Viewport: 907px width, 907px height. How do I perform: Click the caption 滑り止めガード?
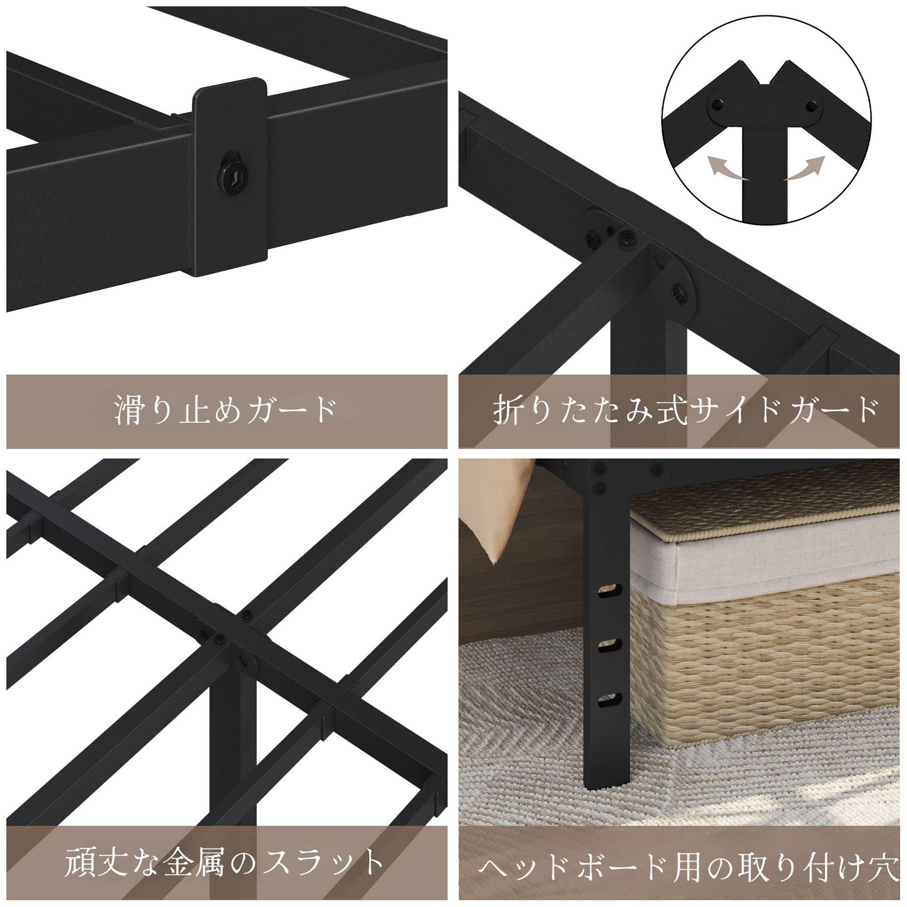[x=226, y=409]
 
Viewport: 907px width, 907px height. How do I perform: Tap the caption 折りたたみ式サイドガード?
[x=685, y=409]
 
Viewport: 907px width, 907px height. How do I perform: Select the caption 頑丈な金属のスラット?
[x=225, y=862]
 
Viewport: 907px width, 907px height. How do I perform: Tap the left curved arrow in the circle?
[x=727, y=167]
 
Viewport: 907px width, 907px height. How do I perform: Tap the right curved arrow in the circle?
[x=803, y=167]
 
